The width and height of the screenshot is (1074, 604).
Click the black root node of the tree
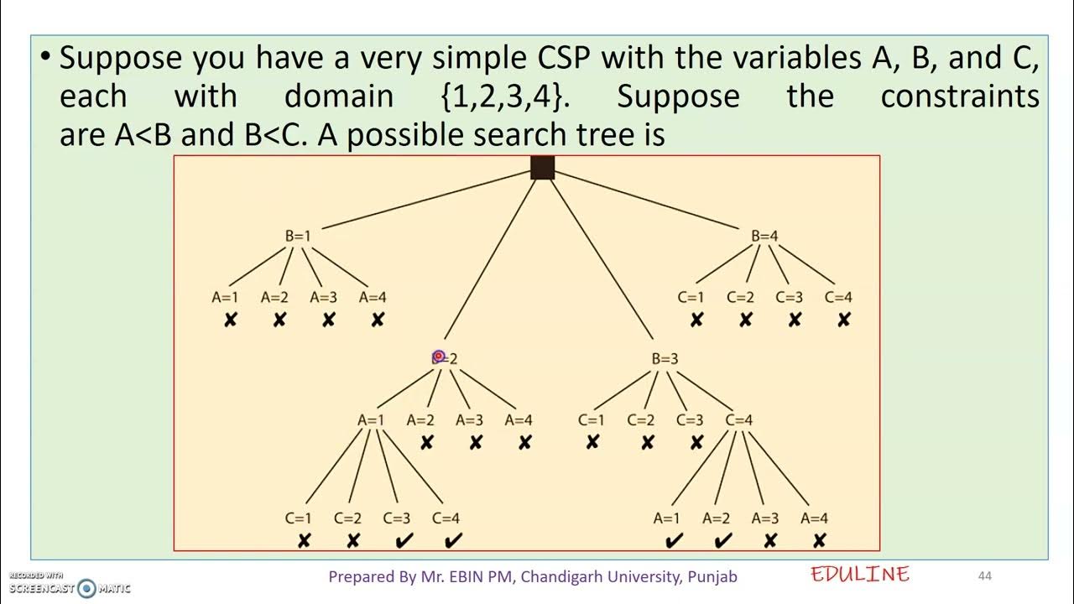point(543,168)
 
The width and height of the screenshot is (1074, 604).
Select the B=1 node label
point(298,236)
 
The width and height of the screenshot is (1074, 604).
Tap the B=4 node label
point(764,236)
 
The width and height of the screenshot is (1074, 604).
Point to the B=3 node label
point(665,359)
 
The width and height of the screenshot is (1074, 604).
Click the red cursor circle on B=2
point(438,357)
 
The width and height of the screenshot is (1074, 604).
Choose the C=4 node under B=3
point(739,420)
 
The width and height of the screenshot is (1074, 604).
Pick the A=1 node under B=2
point(371,420)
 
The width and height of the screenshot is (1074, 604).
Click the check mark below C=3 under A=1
point(403,541)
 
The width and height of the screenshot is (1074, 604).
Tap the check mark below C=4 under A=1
point(453,541)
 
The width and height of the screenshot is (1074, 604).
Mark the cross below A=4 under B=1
point(378,320)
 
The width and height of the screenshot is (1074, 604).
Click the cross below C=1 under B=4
point(696,320)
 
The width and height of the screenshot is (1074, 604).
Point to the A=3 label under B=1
point(324,297)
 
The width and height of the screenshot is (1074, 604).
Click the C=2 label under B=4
point(741,297)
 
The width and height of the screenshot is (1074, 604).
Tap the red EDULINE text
point(860,575)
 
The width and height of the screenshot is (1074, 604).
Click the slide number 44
point(985,575)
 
